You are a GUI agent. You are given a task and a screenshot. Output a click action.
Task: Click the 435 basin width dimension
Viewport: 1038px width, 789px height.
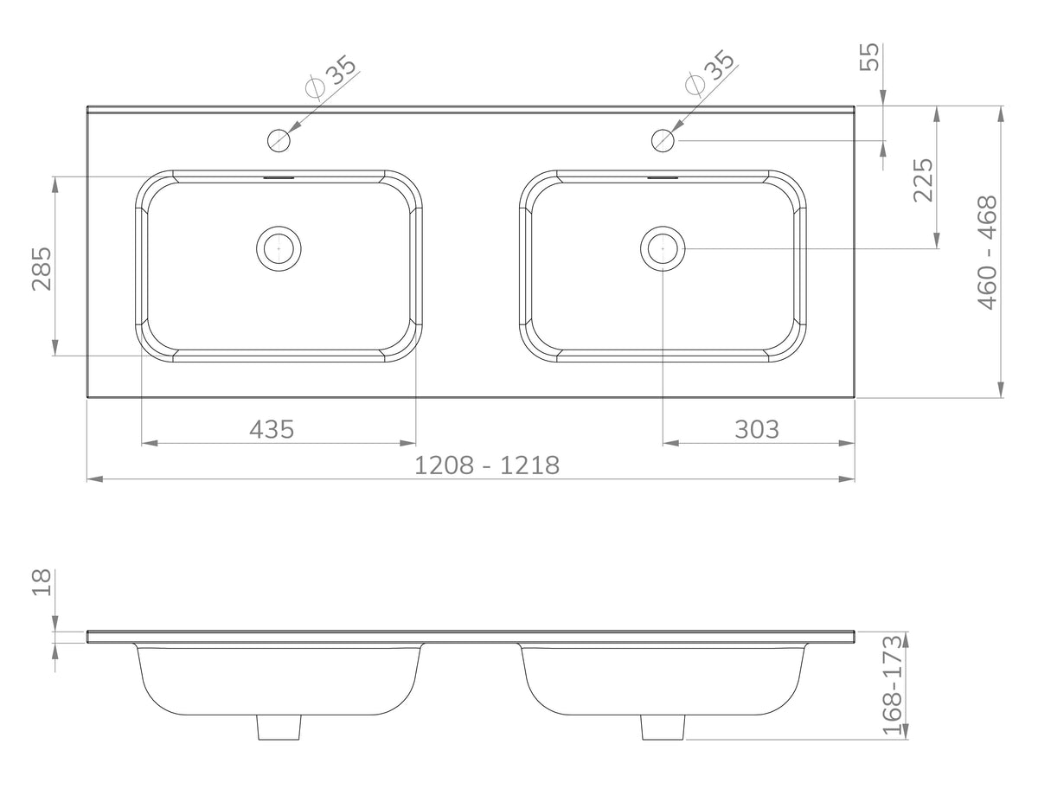(272, 429)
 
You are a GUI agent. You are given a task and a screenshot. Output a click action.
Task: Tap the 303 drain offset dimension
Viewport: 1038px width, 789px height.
(757, 429)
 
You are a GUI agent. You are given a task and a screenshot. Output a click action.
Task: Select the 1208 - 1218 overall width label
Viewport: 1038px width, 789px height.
(487, 465)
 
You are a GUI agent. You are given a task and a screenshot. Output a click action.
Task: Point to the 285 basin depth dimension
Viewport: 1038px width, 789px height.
(42, 268)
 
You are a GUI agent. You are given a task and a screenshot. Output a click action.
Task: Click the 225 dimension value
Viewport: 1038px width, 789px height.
(923, 180)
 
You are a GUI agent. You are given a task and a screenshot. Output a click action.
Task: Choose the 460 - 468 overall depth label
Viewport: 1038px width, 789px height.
(988, 253)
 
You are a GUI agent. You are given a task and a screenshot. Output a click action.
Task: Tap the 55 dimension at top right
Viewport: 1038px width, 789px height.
(869, 57)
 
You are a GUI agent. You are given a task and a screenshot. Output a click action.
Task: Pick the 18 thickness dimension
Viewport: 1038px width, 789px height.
(42, 582)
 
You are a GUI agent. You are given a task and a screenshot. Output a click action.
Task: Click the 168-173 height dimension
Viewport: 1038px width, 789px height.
(893, 685)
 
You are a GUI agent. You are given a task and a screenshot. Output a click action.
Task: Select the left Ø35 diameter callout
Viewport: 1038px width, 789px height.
(331, 77)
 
